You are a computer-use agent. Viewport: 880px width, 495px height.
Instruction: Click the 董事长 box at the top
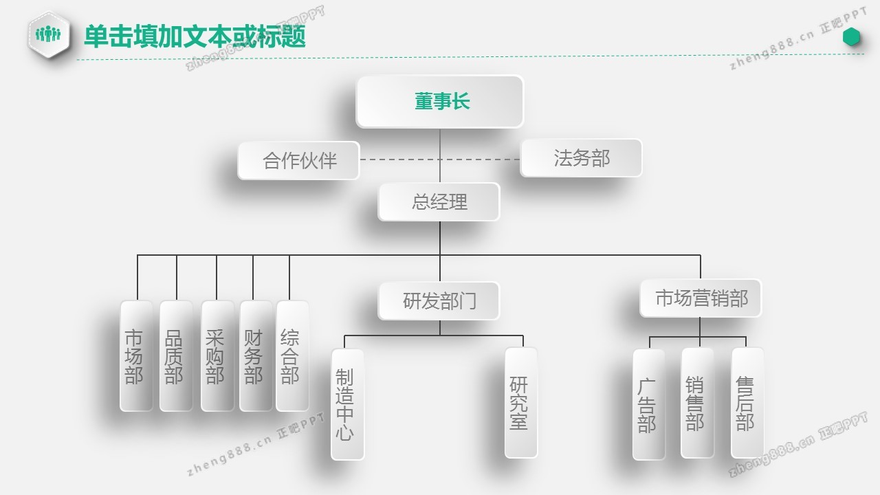pos(440,102)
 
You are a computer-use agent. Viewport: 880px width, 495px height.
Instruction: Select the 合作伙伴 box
pos(299,160)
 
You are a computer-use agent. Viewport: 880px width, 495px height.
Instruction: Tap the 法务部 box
pos(582,158)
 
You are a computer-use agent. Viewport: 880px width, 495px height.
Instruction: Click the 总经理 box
pos(439,201)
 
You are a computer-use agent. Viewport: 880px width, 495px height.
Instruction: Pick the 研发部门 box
pos(439,300)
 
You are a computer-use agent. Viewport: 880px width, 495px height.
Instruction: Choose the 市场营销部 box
pos(701,298)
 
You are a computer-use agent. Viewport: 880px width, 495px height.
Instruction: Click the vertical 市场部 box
pos(136,356)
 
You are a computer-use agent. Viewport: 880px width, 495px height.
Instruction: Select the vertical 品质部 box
pos(175,356)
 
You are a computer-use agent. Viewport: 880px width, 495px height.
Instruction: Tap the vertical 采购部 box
pos(217,356)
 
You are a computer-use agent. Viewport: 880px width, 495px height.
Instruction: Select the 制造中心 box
pos(347,404)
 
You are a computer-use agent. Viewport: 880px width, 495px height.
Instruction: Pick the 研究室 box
pos(520,403)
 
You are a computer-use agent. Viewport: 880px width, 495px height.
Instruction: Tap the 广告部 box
pos(648,404)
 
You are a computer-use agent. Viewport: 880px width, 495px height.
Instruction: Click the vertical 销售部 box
pos(697,403)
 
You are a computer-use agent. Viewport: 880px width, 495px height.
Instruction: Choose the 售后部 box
pos(747,403)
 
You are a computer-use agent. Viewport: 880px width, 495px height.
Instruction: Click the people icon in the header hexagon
pos(49,34)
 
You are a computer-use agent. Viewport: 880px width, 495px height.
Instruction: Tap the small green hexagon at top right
pos(852,37)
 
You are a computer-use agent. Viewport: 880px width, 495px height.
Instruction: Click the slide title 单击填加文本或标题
pos(195,36)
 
